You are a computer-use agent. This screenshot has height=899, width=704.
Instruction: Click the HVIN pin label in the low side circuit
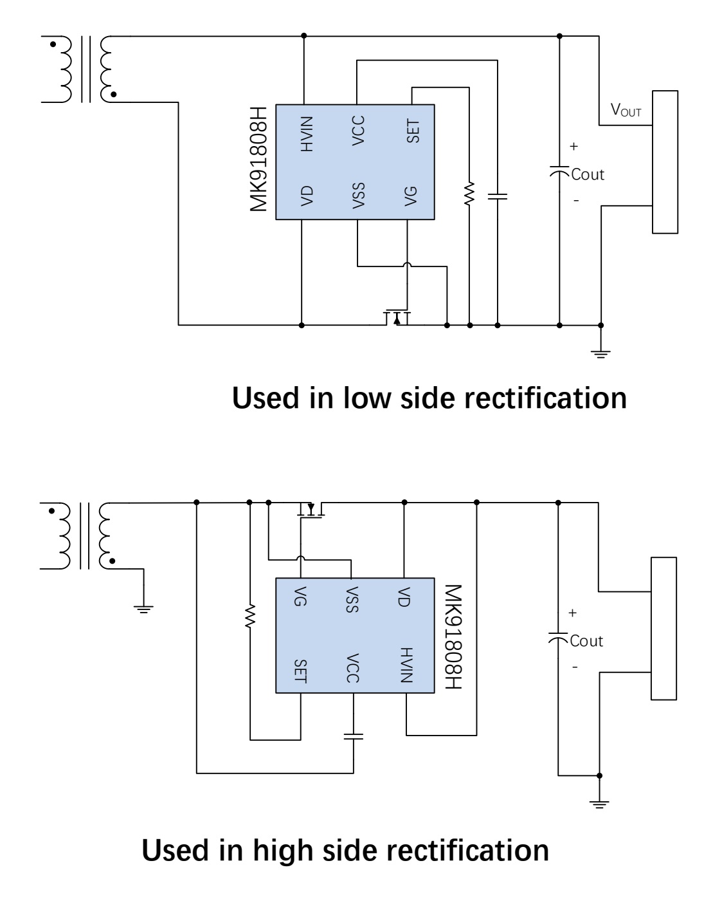[307, 134]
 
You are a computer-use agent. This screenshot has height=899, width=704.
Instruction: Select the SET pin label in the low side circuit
[413, 131]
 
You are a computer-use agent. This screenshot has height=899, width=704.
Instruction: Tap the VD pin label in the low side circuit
[307, 196]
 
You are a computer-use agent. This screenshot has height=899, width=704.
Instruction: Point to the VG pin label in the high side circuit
[300, 596]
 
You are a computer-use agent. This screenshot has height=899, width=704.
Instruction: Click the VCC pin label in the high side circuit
[353, 668]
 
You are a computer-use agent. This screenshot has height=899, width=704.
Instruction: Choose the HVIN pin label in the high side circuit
[406, 665]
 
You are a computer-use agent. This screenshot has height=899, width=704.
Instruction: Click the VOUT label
[626, 110]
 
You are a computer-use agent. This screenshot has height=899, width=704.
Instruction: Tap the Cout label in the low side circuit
[588, 174]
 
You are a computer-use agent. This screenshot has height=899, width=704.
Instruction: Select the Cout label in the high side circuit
[586, 641]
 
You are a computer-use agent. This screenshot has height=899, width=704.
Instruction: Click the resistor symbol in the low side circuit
[469, 194]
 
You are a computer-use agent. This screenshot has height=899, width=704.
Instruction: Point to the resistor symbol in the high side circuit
[250, 616]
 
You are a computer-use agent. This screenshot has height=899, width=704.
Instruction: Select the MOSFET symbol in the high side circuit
[311, 510]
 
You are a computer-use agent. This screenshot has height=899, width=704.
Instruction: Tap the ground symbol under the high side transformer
[143, 609]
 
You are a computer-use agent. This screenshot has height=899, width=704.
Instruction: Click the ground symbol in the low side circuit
[600, 354]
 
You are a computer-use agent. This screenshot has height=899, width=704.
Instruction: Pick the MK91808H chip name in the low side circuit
[258, 160]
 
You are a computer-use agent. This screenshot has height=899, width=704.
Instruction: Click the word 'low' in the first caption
[367, 398]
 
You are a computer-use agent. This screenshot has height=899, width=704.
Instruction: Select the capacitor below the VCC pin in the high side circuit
[354, 736]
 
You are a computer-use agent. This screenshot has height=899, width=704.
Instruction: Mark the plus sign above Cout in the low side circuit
[573, 146]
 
